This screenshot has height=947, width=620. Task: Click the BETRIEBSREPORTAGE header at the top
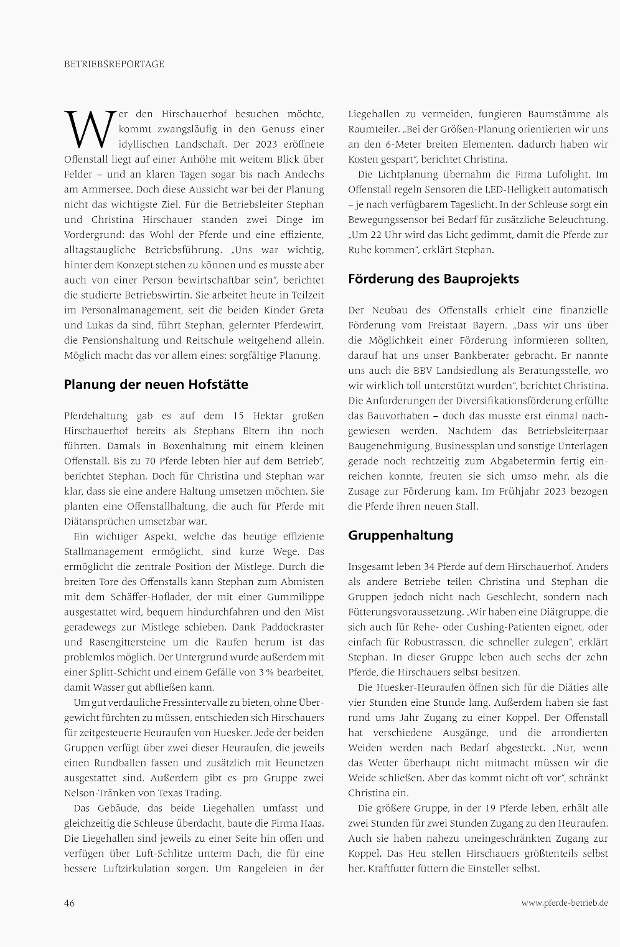pyautogui.click(x=114, y=64)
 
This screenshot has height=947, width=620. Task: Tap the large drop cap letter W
pyautogui.click(x=90, y=128)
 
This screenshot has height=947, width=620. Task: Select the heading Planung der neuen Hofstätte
pyautogui.click(x=156, y=384)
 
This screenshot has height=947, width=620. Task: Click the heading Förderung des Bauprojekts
pyautogui.click(x=433, y=278)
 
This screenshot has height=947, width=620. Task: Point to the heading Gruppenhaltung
pyautogui.click(x=400, y=535)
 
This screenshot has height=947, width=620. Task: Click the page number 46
pyautogui.click(x=70, y=903)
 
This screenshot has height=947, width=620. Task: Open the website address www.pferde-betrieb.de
pyautogui.click(x=565, y=903)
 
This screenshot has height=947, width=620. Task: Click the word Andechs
pyautogui.click(x=303, y=174)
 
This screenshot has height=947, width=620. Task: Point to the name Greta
pyautogui.click(x=311, y=310)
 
